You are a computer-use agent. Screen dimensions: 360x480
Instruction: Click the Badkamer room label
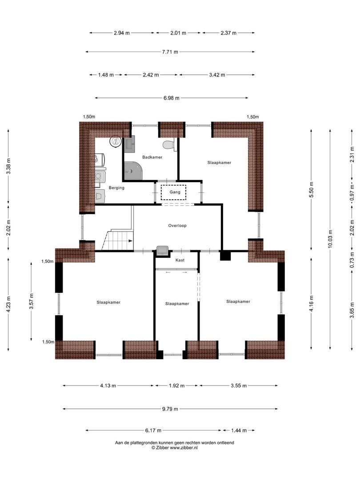click(x=152, y=157)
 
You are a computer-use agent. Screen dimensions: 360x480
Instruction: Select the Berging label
click(x=116, y=188)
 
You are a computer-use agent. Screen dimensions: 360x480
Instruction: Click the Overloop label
click(x=177, y=226)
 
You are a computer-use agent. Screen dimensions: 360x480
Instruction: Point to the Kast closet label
click(x=180, y=260)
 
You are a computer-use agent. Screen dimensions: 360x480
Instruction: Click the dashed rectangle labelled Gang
click(x=174, y=192)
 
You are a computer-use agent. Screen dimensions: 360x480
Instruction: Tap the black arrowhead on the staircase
click(x=131, y=241)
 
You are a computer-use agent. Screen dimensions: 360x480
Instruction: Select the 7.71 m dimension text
click(x=170, y=52)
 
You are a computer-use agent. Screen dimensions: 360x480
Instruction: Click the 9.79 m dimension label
click(x=170, y=409)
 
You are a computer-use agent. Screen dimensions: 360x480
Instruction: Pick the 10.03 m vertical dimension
click(x=330, y=239)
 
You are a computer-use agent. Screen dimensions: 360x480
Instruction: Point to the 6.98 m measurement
click(x=172, y=98)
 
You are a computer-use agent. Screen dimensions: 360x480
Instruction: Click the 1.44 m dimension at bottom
click(x=239, y=430)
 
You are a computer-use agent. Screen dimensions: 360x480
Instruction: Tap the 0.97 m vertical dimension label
click(x=352, y=193)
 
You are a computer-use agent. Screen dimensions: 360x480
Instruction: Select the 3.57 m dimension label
click(x=31, y=301)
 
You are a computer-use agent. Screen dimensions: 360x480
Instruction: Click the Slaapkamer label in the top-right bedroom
click(x=219, y=163)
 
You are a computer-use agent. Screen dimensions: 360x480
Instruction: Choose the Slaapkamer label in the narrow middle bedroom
click(x=177, y=304)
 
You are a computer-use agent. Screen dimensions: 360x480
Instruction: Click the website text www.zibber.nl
click(x=184, y=447)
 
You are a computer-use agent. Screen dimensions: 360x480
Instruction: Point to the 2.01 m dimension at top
click(x=178, y=33)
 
